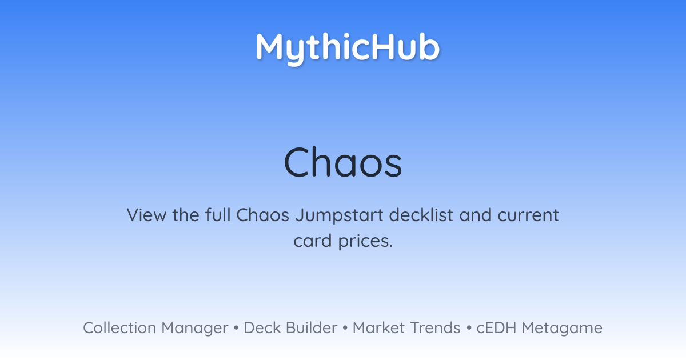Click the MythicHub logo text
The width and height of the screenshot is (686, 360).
(348, 48)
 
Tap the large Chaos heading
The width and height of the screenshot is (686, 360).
(342, 162)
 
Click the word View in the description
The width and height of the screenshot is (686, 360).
(146, 215)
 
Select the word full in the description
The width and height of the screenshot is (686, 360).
(218, 215)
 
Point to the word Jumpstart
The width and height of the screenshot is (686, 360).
(339, 216)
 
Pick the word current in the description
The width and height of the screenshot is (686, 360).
(528, 215)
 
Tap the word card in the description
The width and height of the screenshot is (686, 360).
(313, 241)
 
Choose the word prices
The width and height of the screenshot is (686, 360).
(365, 242)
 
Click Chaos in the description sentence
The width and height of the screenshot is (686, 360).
(263, 215)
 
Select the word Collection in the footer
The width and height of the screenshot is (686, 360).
(119, 328)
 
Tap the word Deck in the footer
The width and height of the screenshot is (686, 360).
(262, 328)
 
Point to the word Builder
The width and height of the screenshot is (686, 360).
(312, 328)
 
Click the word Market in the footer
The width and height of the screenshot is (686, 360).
(379, 328)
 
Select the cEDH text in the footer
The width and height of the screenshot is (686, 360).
(496, 328)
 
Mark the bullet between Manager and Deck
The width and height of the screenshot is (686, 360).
(236, 328)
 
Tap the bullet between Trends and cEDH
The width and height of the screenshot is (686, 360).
(469, 328)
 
